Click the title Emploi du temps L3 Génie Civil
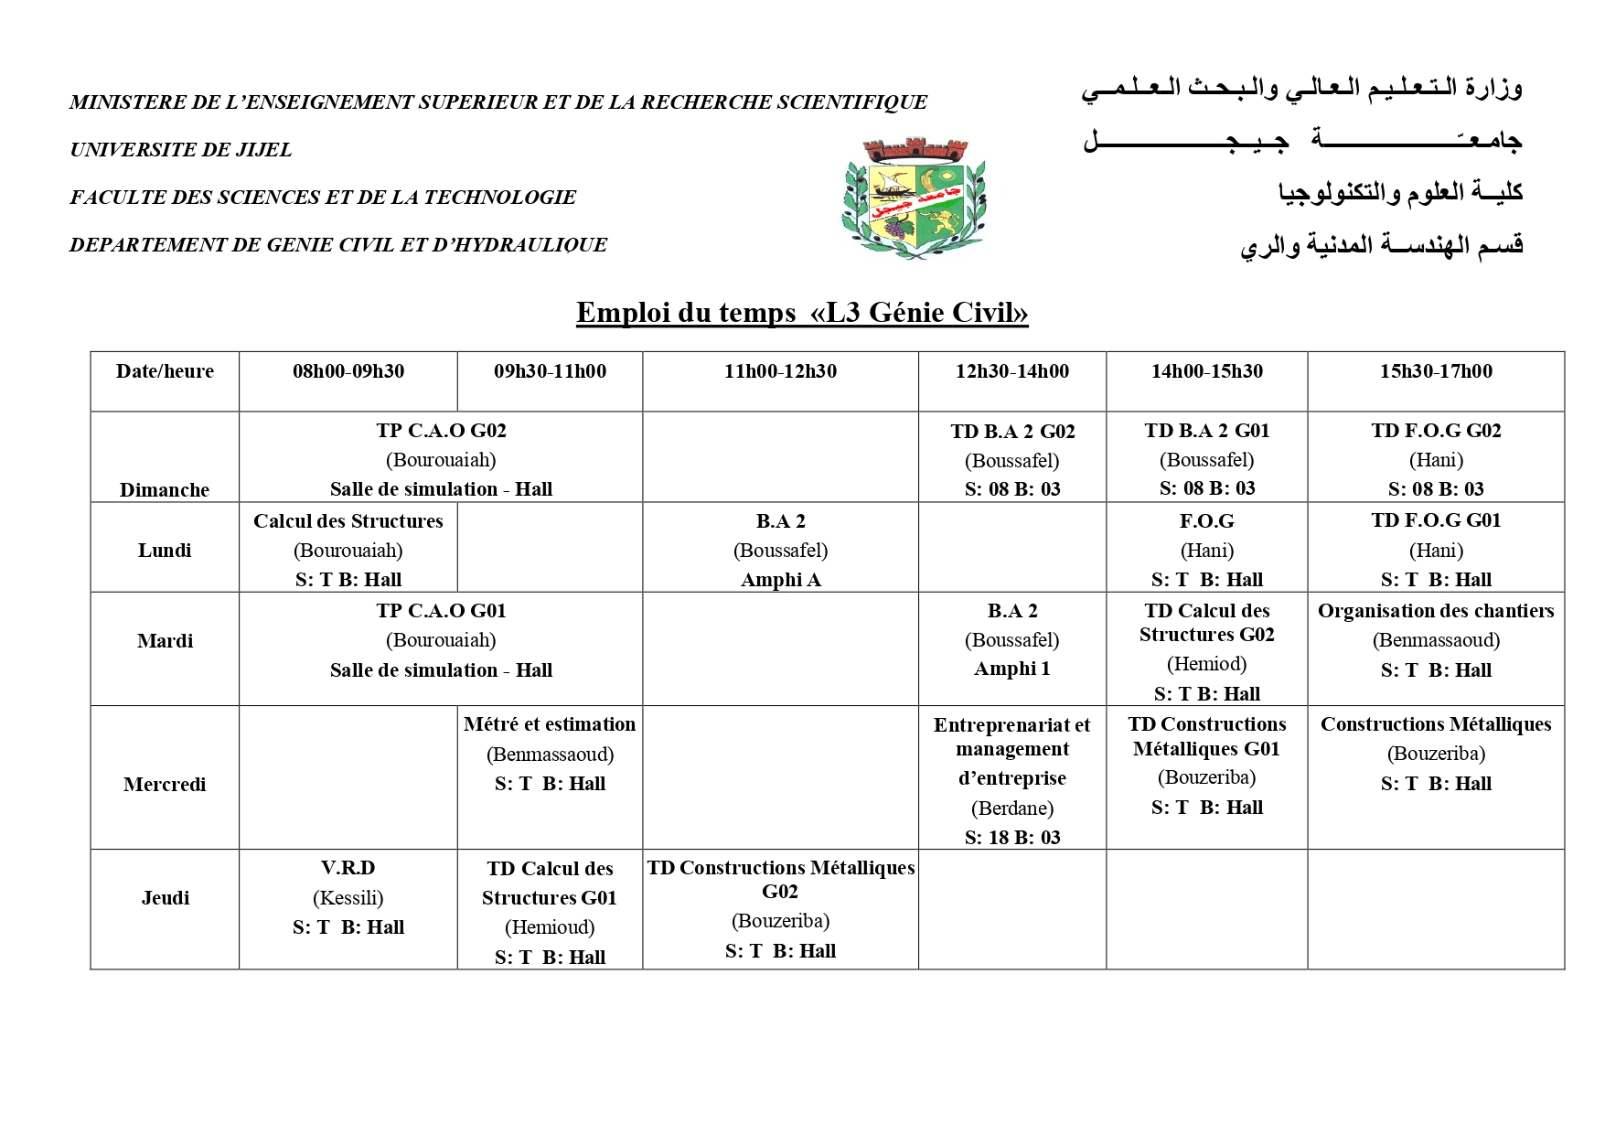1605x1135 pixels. [802, 313]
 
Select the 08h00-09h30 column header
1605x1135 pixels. [348, 371]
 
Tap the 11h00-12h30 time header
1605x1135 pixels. [780, 371]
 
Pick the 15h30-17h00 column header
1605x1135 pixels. [1436, 371]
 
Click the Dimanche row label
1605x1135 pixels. [165, 489]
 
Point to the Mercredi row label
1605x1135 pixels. [165, 784]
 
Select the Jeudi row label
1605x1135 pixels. [165, 897]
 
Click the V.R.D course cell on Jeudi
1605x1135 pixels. [348, 897]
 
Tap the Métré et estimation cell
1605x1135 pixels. [550, 754]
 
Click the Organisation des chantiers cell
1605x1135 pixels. [1436, 640]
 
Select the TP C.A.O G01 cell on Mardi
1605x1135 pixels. [441, 640]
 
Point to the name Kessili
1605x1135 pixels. [348, 898]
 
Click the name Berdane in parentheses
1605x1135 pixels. [1012, 808]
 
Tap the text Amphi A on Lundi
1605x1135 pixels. [780, 580]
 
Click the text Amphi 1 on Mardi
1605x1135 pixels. [1012, 669]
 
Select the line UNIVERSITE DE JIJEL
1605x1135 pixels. [181, 150]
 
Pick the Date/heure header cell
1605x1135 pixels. [165, 371]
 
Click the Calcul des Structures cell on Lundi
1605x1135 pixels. [348, 549]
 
